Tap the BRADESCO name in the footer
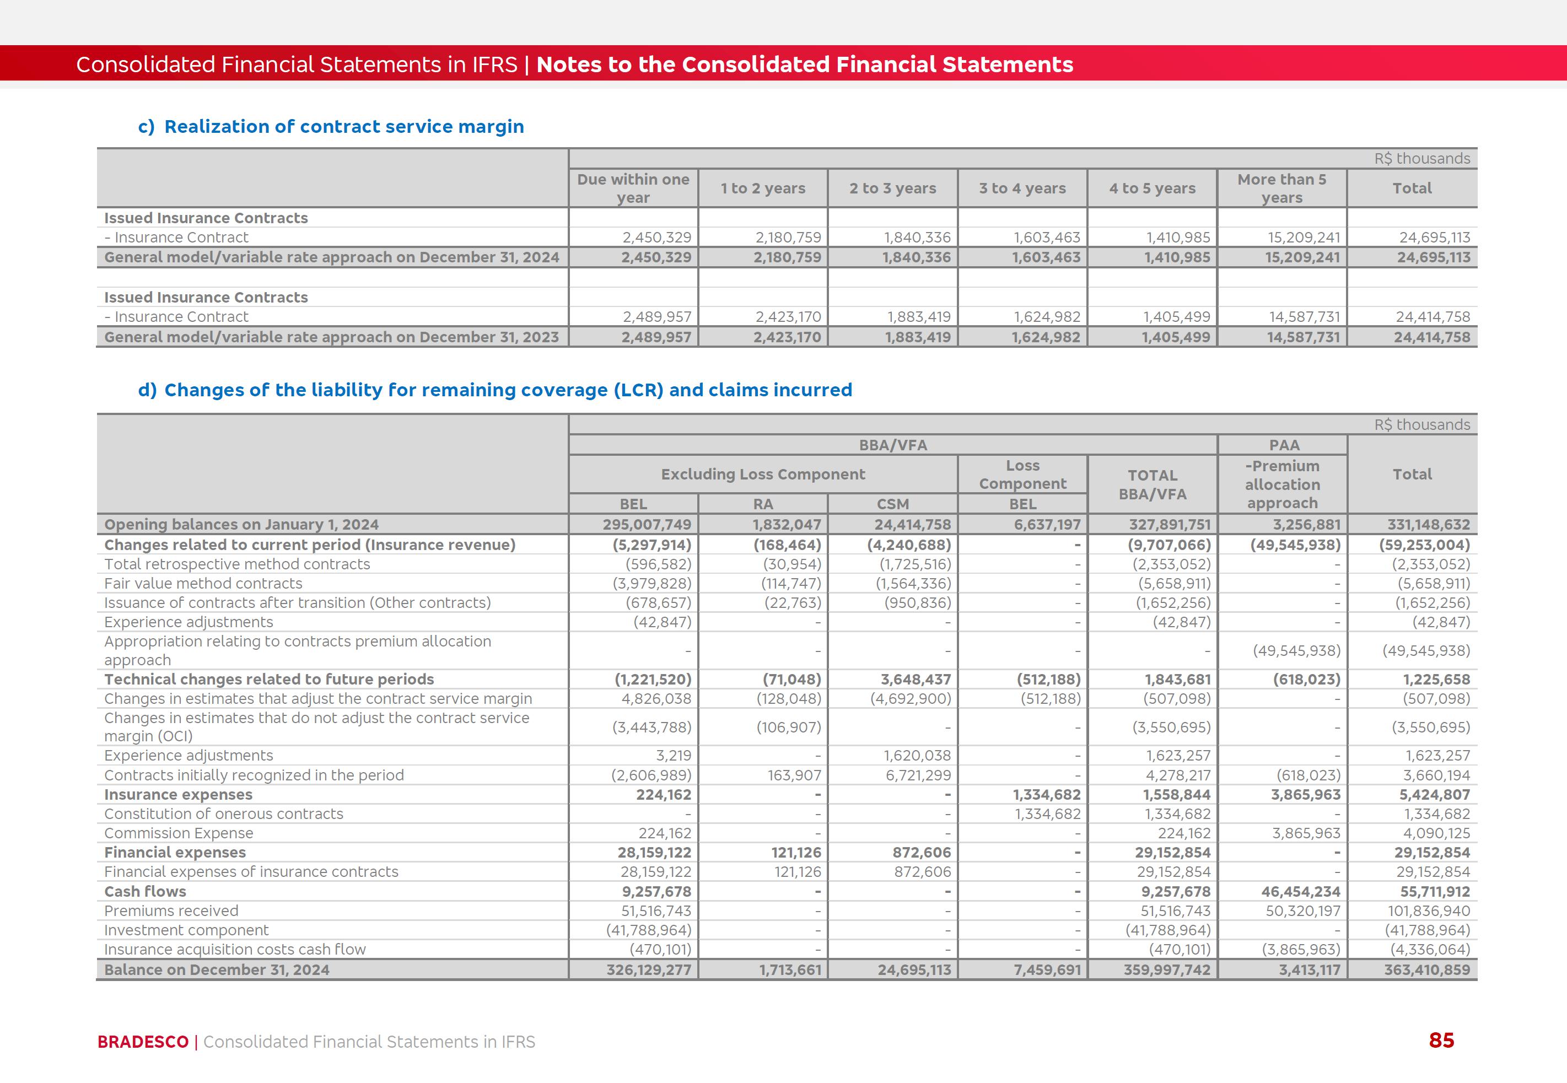tap(143, 1042)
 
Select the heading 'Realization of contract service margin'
tap(344, 127)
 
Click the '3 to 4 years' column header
tap(1022, 188)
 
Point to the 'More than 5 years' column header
tap(1281, 188)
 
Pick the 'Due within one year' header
tap(633, 188)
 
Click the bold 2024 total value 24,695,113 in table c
tap(1433, 258)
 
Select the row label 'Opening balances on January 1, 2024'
tap(241, 525)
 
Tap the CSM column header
tap(892, 504)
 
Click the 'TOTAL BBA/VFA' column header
tap(1153, 484)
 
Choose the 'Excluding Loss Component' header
tap(763, 475)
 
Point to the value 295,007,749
tap(647, 525)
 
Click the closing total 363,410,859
tap(1427, 969)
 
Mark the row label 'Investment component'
tap(187, 930)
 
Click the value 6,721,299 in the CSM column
tap(918, 775)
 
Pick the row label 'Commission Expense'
tap(179, 833)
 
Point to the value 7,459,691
tap(1047, 969)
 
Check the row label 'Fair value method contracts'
tap(203, 584)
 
